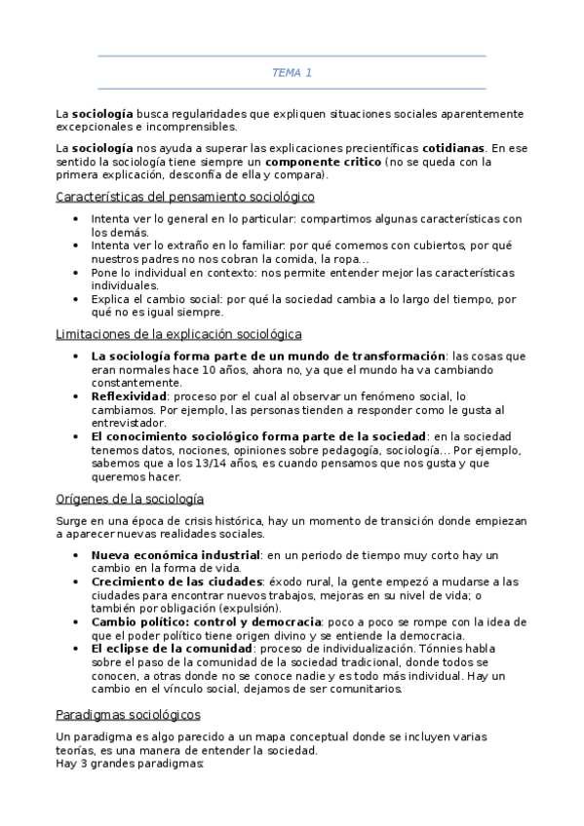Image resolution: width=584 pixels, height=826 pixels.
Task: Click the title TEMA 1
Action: point(292,73)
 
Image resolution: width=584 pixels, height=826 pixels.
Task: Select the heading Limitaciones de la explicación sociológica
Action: point(178,334)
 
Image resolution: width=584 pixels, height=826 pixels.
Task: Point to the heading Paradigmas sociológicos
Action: point(128,714)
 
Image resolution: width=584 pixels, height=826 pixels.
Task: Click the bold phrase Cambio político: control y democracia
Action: point(206,621)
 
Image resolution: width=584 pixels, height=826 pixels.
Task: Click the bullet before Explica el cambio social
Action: point(77,300)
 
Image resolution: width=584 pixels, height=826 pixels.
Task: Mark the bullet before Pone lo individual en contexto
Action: point(77,274)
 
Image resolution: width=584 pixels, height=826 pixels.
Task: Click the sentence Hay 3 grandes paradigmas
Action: point(130,765)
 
